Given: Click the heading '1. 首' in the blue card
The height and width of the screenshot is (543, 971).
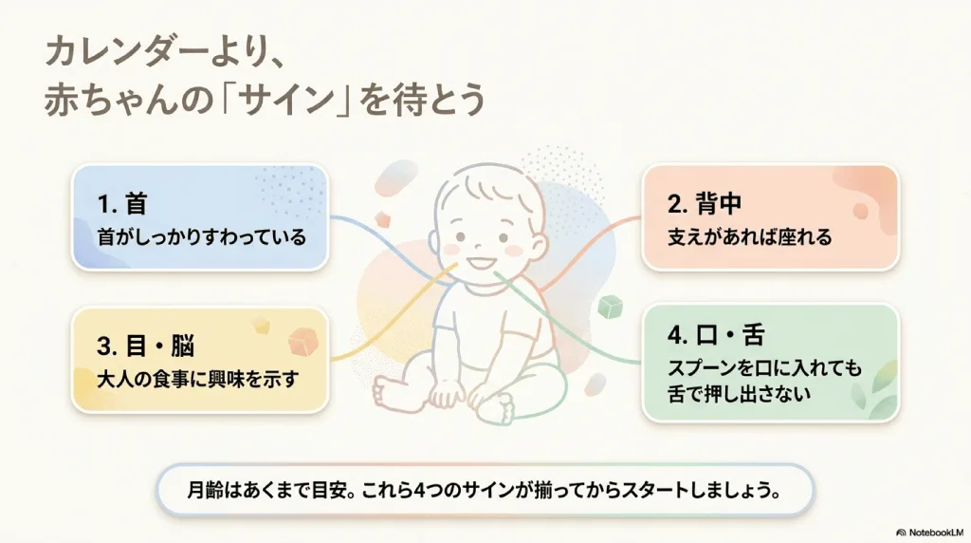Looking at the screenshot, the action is click(x=122, y=204).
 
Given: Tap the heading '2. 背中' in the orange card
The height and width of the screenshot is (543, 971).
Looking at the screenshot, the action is click(x=705, y=204).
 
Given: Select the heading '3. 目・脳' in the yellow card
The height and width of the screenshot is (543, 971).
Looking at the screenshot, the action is click(x=145, y=346).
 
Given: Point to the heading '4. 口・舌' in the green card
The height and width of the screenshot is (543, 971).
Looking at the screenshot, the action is click(x=717, y=335).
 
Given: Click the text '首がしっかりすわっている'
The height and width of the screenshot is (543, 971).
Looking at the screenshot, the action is click(x=202, y=237).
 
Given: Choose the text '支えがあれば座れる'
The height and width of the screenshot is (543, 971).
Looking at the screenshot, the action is click(x=750, y=237).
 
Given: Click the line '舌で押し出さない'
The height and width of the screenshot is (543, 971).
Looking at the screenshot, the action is click(x=740, y=394).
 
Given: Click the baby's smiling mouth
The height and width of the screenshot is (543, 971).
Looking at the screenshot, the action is click(x=481, y=263).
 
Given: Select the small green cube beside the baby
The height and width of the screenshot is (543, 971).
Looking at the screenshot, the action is click(x=610, y=307).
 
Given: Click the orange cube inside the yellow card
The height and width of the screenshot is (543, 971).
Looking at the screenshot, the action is click(x=303, y=342).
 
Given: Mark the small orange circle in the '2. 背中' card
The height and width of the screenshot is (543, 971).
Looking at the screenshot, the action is click(x=861, y=211).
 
